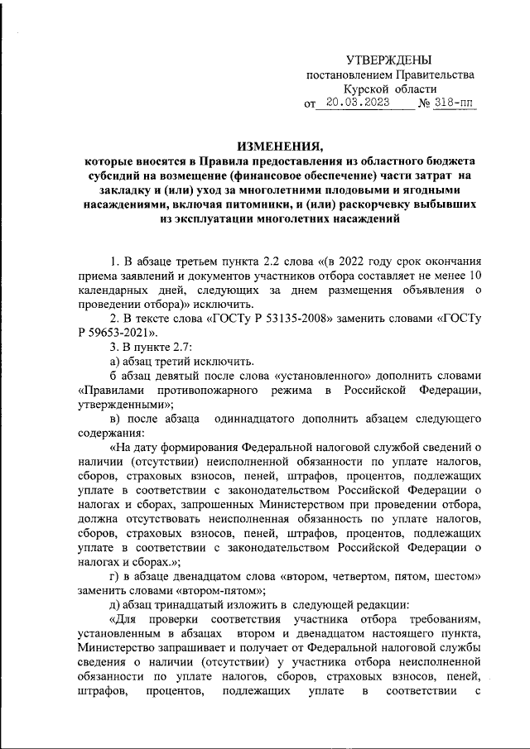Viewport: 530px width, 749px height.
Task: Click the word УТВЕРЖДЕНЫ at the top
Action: [x=388, y=60]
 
